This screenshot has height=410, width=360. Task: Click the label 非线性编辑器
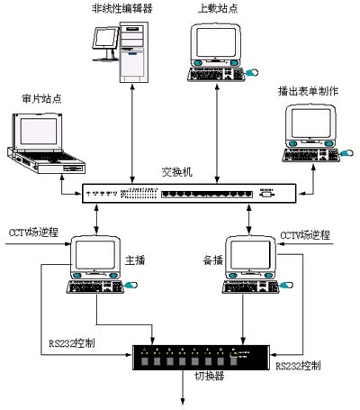click(122, 8)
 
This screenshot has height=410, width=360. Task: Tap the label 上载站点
click(218, 8)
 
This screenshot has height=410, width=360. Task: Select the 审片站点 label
click(41, 98)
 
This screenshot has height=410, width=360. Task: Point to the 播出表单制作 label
click(308, 91)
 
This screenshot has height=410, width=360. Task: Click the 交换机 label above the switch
click(177, 172)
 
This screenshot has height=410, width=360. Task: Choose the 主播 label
click(135, 260)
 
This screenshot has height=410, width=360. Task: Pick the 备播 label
click(213, 260)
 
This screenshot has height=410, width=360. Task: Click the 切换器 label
click(210, 376)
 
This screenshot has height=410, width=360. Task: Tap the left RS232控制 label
click(72, 343)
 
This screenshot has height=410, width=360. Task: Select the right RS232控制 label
click(298, 366)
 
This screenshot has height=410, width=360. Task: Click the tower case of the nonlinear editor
click(134, 52)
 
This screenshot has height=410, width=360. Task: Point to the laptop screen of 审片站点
click(38, 132)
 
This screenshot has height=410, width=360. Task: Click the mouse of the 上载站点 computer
click(252, 72)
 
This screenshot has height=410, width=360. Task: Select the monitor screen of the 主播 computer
click(94, 255)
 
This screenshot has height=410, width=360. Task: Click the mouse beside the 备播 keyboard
click(286, 285)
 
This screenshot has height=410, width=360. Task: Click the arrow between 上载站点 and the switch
click(218, 132)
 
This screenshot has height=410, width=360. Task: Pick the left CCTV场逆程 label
click(33, 232)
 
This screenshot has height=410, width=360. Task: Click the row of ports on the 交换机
click(207, 194)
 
